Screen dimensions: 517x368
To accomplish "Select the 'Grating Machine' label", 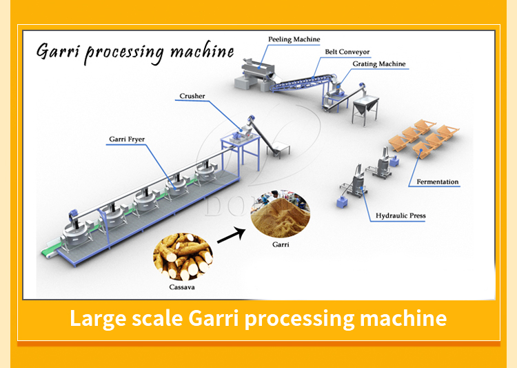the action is pyautogui.click(x=379, y=64).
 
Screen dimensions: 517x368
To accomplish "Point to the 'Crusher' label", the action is pyautogui.click(x=192, y=97).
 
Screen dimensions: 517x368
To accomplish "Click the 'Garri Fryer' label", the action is pyautogui.click(x=127, y=139).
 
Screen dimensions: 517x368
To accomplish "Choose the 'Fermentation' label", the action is pyautogui.click(x=437, y=182).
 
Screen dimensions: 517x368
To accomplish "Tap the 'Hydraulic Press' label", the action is pyautogui.click(x=401, y=216).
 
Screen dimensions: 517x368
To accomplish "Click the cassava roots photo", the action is pyautogui.click(x=183, y=257).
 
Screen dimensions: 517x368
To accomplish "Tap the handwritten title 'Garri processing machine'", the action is pyautogui.click(x=135, y=53).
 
